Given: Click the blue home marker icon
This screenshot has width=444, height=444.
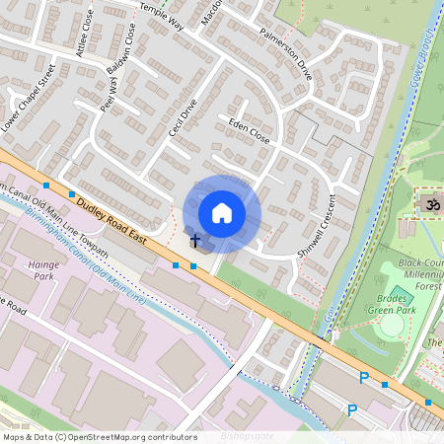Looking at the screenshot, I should [x=222, y=212].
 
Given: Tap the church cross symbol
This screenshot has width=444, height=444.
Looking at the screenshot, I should [x=195, y=240].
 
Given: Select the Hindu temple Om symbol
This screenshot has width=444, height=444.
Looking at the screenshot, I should [x=429, y=203].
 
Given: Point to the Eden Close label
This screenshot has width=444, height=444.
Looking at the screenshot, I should [x=249, y=130].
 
